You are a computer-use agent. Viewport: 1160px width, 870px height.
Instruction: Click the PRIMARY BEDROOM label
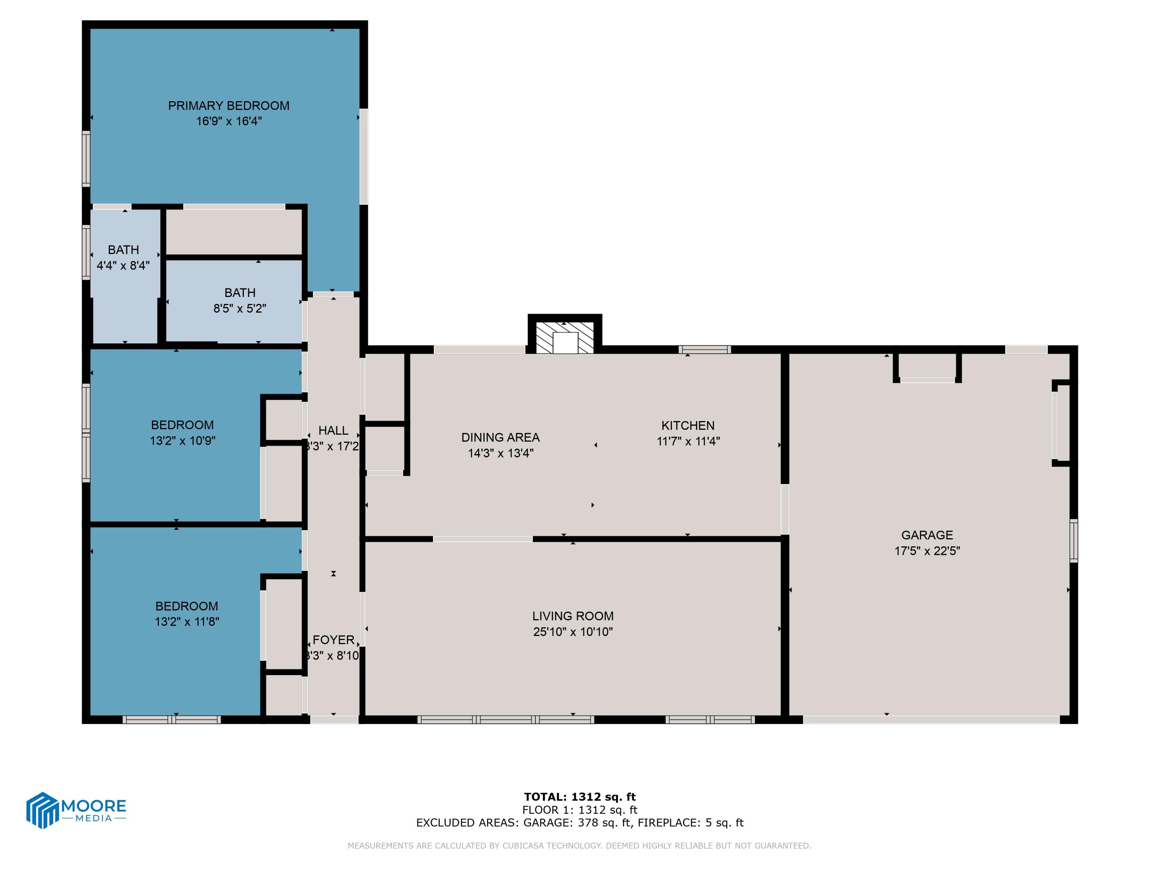(x=228, y=106)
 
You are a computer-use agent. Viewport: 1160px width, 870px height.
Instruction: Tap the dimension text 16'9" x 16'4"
(x=229, y=121)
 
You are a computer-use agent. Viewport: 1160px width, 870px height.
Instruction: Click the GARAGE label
(x=926, y=535)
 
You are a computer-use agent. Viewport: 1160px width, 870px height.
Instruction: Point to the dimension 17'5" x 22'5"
(x=926, y=551)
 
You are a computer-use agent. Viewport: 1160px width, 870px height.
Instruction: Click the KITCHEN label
(x=687, y=425)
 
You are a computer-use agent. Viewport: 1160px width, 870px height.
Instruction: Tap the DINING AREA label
(x=500, y=437)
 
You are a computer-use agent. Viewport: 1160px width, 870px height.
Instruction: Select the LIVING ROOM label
(x=573, y=616)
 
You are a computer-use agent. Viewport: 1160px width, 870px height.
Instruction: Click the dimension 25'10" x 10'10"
(x=573, y=632)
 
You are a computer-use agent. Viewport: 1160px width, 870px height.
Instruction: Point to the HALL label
(x=333, y=430)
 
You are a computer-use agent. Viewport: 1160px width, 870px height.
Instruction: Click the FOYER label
(x=333, y=640)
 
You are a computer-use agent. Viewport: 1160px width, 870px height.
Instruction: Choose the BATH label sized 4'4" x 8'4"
(x=123, y=250)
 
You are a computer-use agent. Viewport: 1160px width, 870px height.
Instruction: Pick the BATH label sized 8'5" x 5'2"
(x=240, y=293)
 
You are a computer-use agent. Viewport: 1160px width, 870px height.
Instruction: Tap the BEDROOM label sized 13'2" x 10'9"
(x=182, y=425)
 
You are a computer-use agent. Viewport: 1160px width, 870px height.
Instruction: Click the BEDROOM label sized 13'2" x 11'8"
(x=187, y=606)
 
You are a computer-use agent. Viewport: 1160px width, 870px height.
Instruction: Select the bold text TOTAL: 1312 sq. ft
(x=580, y=797)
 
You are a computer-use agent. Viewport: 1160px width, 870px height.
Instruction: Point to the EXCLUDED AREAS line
(x=580, y=823)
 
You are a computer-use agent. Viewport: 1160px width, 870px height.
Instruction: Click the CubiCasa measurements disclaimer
(x=580, y=845)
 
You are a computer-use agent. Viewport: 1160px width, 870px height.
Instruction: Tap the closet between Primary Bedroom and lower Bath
(x=234, y=232)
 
